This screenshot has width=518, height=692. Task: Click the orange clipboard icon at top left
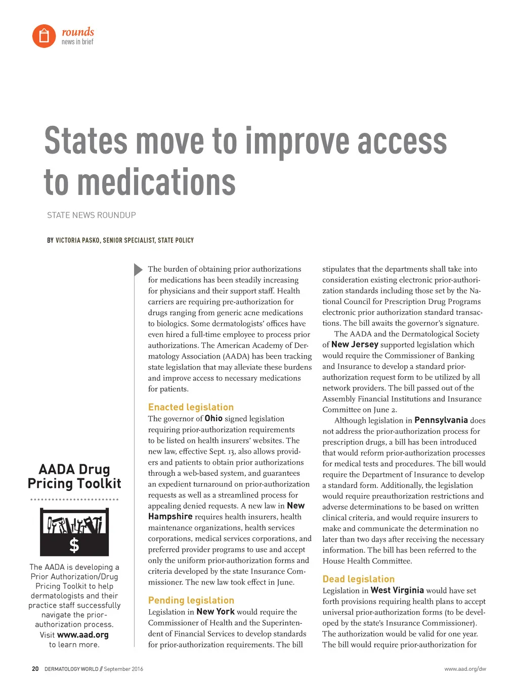coord(44,36)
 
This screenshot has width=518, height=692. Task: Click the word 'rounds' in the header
coord(78,32)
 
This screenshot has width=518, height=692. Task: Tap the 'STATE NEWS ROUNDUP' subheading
coord(92,215)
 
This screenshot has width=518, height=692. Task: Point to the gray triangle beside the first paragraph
coord(138,270)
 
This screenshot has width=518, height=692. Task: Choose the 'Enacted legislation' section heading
coord(191,407)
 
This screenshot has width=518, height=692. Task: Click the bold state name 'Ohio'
coord(213,418)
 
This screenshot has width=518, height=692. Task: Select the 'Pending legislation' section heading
coord(191,600)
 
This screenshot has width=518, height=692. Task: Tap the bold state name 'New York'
coord(215,611)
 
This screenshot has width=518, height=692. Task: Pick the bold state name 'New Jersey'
coord(355,344)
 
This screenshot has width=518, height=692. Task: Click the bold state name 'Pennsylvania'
coord(441,420)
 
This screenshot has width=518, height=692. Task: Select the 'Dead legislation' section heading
coord(359,579)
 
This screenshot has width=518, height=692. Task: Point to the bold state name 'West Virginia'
coord(397,590)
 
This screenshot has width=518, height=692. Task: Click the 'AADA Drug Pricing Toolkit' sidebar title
coord(74,476)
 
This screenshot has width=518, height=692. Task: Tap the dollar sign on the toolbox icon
coord(74,545)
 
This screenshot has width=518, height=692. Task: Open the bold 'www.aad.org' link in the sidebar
coord(83,635)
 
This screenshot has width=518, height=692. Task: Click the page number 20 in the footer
coord(35,669)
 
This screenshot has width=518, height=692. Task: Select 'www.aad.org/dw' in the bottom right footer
coord(465,669)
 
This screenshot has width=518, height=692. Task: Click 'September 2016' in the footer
coord(123,669)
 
